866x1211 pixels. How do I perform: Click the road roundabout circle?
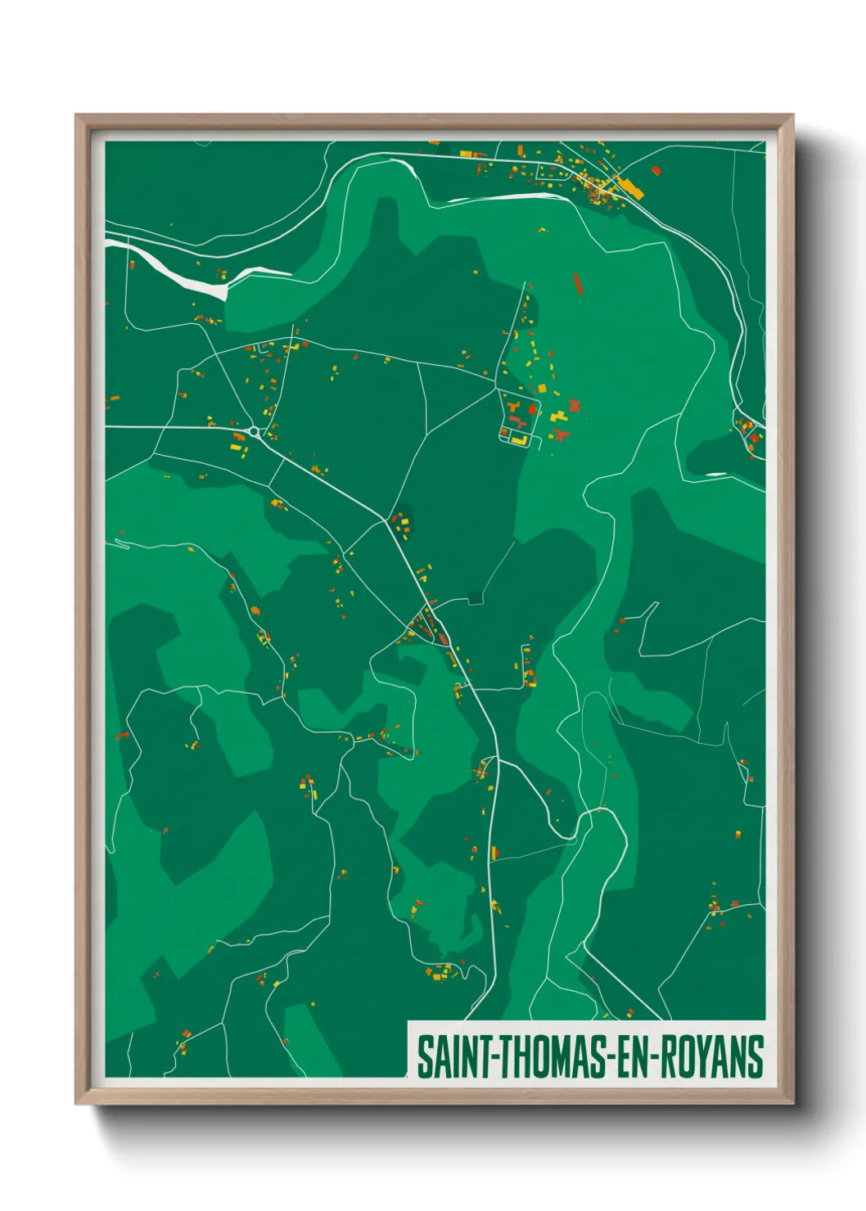[254, 431]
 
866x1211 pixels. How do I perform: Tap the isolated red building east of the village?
[656, 171]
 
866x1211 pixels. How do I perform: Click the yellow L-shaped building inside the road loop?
[517, 439]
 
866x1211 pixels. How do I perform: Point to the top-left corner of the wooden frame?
[76, 115]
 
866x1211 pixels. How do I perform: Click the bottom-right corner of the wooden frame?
[792, 1103]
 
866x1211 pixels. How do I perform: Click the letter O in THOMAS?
[537, 1057]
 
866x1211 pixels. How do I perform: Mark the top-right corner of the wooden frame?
[792, 115]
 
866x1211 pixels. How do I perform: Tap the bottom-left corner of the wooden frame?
[76, 1103]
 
